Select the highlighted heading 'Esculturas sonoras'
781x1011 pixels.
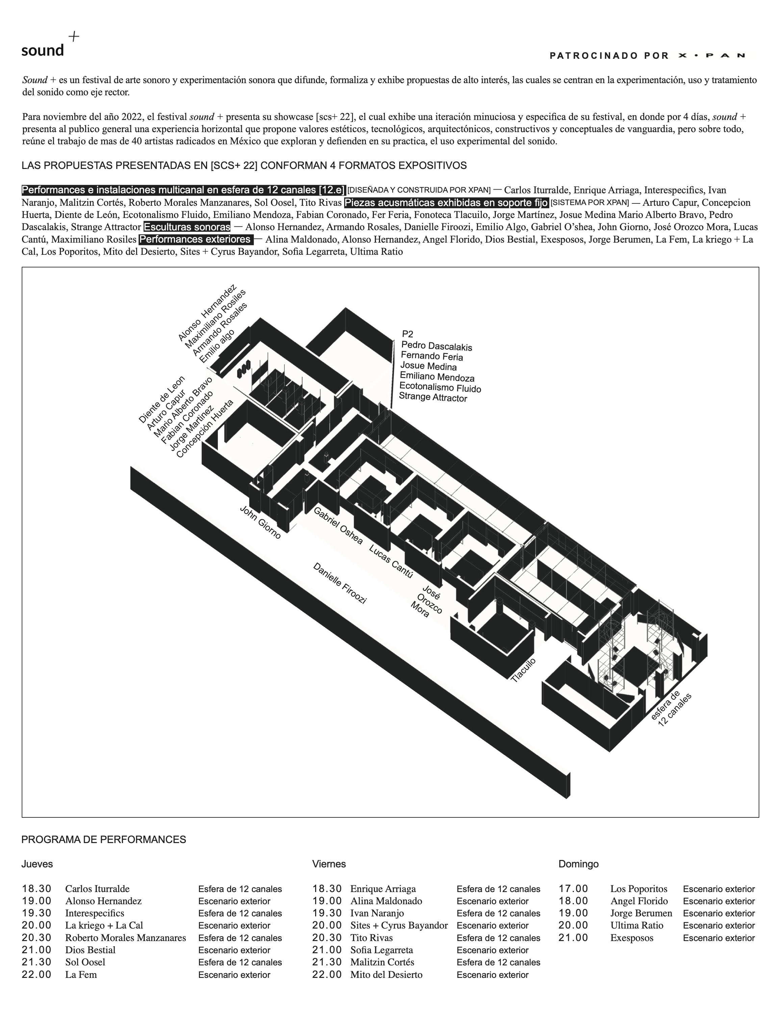point(187,227)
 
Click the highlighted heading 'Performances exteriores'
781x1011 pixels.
point(196,239)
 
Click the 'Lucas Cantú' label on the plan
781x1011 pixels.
point(390,561)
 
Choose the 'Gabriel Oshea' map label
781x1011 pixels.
point(338,525)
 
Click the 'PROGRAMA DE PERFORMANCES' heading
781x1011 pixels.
point(104,840)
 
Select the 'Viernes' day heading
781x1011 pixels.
point(329,864)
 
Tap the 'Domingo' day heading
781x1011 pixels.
point(578,864)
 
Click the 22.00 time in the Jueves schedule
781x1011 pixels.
point(36,975)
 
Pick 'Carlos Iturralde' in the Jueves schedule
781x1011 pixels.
point(97,889)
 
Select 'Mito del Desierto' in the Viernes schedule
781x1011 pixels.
point(386,975)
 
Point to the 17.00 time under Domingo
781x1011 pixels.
point(573,889)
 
